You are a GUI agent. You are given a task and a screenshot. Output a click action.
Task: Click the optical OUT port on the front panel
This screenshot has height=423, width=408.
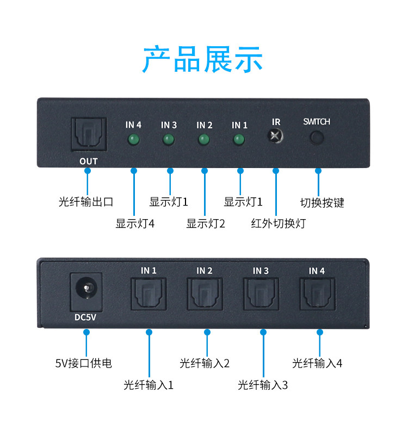[89, 134]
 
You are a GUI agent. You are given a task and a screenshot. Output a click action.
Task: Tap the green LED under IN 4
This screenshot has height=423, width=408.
[134, 140]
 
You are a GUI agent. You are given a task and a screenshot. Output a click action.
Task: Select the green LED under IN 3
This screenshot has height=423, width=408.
[169, 140]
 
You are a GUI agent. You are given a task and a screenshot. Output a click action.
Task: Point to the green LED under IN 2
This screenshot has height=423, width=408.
[204, 140]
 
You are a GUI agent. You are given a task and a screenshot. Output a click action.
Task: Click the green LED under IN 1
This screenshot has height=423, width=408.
[239, 140]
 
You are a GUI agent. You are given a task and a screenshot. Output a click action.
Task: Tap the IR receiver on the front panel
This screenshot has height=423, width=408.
[275, 136]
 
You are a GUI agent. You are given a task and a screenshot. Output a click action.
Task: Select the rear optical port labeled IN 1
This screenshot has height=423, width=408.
[149, 294]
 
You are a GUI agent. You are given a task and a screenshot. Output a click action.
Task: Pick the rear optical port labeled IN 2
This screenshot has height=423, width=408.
[205, 294]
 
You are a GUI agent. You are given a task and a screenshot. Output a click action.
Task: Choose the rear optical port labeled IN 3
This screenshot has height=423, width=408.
[261, 294]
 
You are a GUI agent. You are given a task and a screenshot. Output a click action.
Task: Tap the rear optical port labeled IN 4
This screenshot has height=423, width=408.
[318, 294]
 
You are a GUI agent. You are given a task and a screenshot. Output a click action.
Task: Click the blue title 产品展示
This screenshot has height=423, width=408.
[202, 59]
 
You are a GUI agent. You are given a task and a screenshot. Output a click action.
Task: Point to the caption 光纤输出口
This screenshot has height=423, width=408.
[86, 202]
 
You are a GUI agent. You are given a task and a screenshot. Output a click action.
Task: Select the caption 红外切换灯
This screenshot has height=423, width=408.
[278, 223]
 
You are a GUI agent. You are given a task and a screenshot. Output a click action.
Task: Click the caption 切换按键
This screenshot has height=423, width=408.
[322, 203]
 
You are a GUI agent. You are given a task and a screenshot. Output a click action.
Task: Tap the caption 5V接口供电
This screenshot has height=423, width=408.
[84, 363]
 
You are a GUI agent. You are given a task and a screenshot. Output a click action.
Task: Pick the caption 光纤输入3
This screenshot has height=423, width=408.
[263, 385]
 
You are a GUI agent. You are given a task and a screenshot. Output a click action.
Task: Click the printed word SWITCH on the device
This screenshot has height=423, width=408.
[317, 122]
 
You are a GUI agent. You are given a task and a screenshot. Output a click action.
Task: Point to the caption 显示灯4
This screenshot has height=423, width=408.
[135, 223]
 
